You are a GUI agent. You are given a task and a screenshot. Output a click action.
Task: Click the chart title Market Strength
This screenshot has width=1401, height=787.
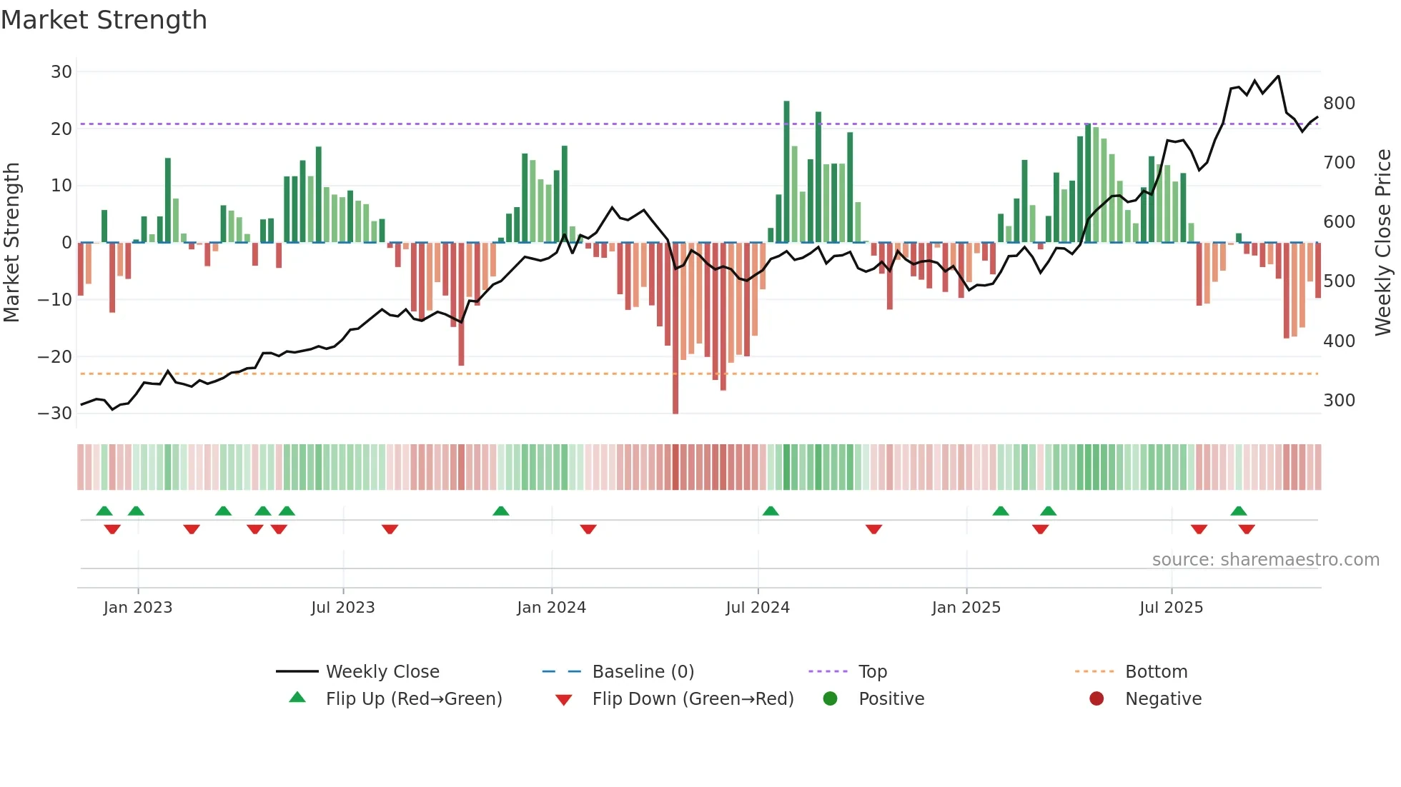pos(104,20)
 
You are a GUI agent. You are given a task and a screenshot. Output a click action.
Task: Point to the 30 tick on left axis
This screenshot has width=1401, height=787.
pos(61,71)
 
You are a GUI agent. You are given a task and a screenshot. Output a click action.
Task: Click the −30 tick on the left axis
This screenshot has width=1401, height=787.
pos(55,413)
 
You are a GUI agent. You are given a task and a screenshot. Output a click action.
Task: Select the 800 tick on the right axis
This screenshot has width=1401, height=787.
pos(1339,103)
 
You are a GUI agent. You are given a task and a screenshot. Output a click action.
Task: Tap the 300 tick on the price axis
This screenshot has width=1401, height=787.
pos(1339,400)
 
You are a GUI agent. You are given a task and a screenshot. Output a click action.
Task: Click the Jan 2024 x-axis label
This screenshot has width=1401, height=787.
pos(551,607)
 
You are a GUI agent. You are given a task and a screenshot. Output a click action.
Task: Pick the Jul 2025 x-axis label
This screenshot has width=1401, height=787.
pos(1171,607)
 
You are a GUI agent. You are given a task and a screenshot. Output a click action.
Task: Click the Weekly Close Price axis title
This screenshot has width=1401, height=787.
pos(1383,242)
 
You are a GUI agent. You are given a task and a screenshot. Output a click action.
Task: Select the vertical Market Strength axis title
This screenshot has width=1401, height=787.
pos(12,242)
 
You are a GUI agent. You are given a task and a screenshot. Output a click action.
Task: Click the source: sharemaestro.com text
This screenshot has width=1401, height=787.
pos(1265,559)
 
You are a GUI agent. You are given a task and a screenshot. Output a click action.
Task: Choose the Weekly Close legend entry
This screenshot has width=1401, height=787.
pos(382,671)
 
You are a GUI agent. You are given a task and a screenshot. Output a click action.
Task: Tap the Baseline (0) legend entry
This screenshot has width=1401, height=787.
pos(643,671)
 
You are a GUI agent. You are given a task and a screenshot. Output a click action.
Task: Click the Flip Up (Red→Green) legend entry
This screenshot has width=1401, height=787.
pos(413,698)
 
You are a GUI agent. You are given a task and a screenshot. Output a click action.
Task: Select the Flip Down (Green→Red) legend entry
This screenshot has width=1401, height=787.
pos(693,698)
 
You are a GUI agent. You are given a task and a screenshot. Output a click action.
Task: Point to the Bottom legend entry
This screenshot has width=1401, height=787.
pos(1156,671)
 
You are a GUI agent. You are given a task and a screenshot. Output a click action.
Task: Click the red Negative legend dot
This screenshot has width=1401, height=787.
pos(1096,698)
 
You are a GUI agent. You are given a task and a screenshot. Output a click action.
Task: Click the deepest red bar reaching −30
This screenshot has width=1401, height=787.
pos(675,329)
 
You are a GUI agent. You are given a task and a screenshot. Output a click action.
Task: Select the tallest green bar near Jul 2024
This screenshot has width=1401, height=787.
pos(786,171)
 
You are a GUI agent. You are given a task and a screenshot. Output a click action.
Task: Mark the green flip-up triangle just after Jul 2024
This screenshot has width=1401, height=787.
pos(771,511)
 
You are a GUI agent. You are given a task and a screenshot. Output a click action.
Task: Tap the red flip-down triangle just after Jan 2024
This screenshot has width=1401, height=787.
pos(588,529)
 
